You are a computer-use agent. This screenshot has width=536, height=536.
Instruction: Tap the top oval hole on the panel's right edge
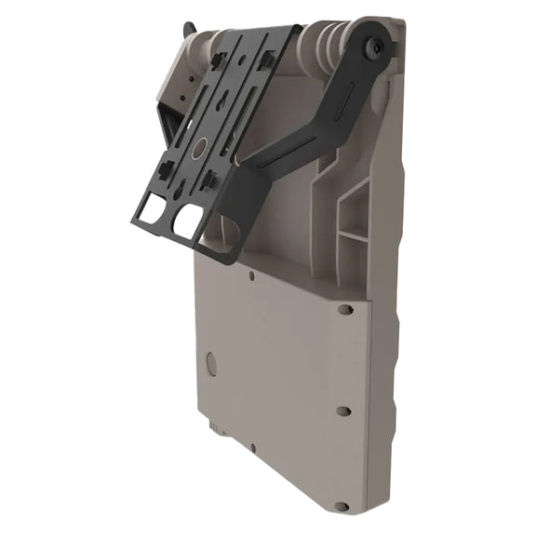[x=345, y=310]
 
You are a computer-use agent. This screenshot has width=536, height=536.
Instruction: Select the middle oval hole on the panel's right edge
[x=343, y=410]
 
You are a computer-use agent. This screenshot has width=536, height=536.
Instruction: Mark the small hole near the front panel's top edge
[x=252, y=275]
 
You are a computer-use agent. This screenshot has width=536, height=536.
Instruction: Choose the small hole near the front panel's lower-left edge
[x=251, y=448]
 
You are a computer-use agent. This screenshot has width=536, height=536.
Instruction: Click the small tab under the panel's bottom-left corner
[x=215, y=429]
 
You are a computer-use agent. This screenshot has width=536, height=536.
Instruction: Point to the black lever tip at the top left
[x=189, y=30]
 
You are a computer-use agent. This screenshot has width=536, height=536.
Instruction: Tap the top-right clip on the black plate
[x=266, y=63]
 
